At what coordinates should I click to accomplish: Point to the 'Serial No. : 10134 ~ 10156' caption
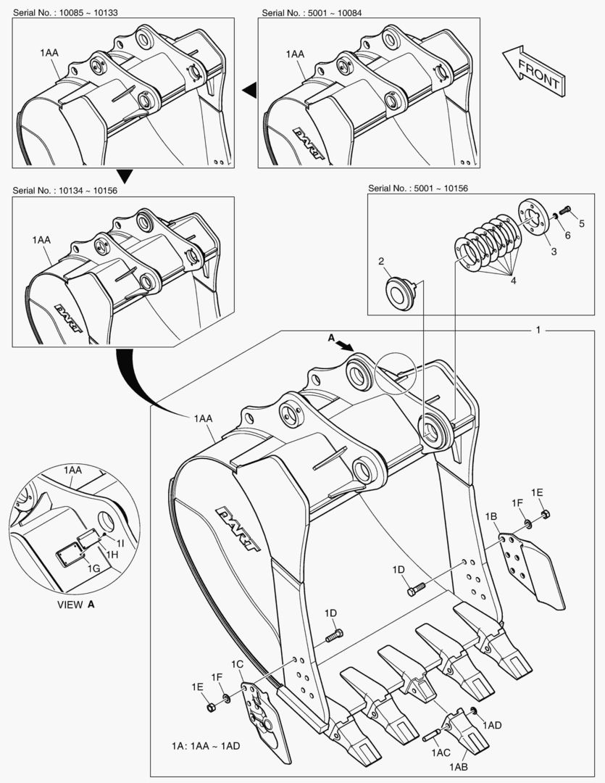tap(64, 191)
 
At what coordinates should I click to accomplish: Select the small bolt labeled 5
tap(566, 212)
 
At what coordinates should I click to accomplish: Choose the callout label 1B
tap(491, 517)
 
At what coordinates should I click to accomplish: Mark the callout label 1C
tap(237, 665)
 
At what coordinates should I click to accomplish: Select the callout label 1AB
tap(458, 767)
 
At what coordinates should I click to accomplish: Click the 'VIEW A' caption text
tap(76, 603)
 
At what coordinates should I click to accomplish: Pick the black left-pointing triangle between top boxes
tap(249, 89)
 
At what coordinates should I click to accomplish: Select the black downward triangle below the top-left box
tap(125, 175)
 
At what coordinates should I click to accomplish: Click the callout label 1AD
tap(492, 724)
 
